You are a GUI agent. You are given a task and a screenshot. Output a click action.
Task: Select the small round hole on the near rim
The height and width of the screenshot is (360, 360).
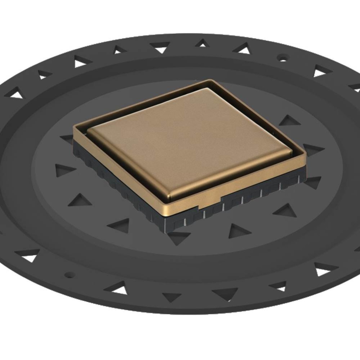70,275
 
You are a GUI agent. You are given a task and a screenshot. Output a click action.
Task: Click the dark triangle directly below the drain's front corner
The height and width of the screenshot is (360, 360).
178,238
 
